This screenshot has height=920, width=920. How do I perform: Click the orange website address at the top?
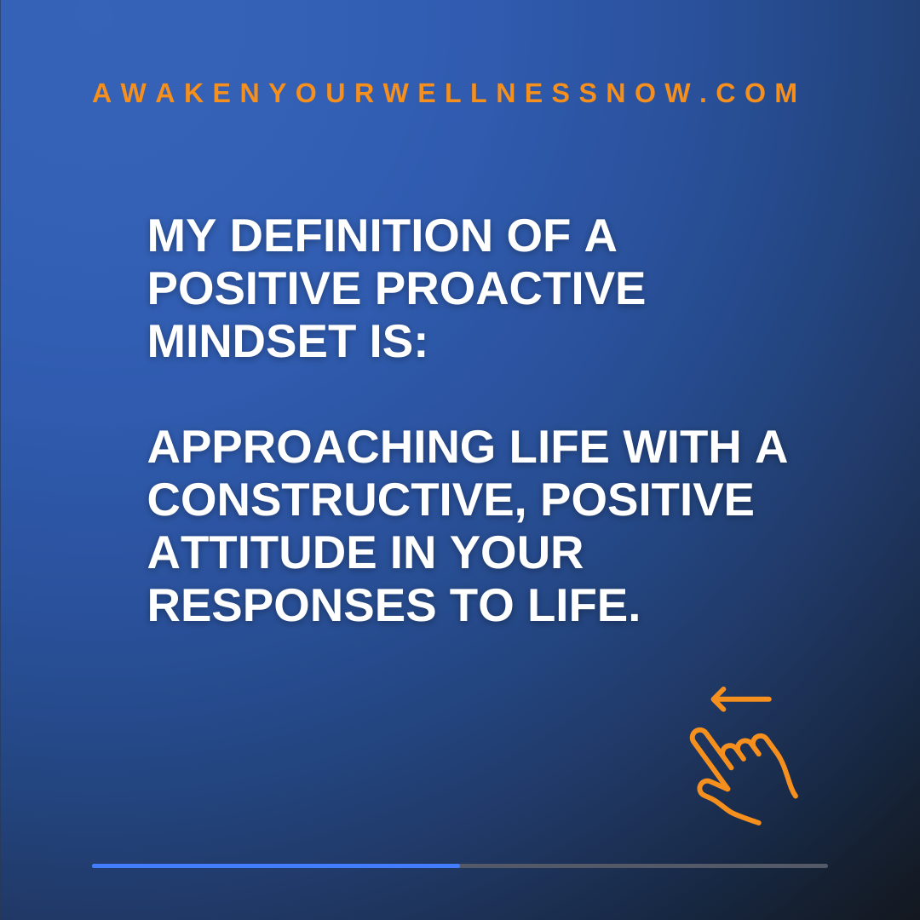(446, 94)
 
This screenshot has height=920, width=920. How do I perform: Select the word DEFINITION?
(361, 236)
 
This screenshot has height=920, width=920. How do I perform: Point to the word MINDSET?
(251, 342)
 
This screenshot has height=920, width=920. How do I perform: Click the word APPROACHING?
(321, 447)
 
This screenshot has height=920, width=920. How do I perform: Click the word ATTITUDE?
(262, 553)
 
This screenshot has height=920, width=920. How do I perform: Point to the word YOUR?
(517, 553)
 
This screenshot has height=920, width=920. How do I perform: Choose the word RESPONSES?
(291, 606)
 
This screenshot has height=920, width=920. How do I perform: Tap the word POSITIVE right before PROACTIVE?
(254, 289)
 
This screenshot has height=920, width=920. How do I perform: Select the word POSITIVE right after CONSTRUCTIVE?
(647, 500)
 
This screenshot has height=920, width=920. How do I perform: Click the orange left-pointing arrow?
(741, 699)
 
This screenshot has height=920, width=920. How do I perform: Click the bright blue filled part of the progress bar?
(276, 865)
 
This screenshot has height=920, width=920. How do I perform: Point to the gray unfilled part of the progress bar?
(644, 865)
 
